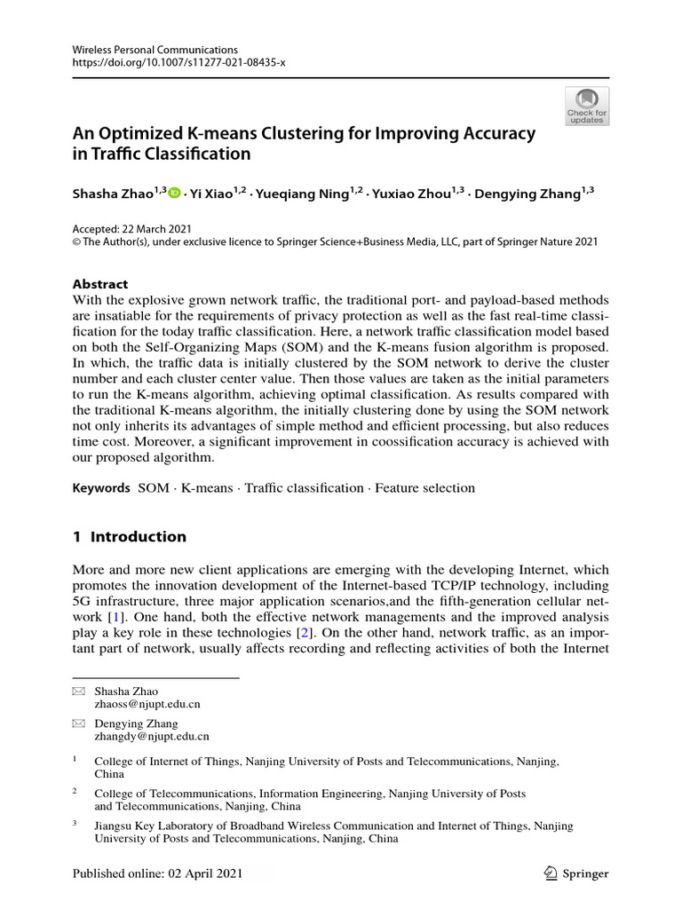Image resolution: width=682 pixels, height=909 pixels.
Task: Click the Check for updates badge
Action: click(586, 106)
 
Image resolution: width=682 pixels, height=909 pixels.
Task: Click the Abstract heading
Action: click(99, 284)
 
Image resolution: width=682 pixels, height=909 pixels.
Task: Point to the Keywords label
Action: click(100, 487)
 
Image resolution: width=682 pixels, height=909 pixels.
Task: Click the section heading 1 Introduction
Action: click(129, 536)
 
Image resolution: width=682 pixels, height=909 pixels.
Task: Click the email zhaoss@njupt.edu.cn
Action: click(147, 704)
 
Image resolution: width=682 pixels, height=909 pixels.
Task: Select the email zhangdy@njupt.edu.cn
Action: click(152, 736)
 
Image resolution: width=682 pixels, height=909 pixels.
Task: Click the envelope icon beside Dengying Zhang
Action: click(79, 723)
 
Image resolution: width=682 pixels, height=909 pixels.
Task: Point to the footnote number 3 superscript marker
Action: click(75, 825)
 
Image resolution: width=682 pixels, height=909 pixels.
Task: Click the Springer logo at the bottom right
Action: click(575, 873)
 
